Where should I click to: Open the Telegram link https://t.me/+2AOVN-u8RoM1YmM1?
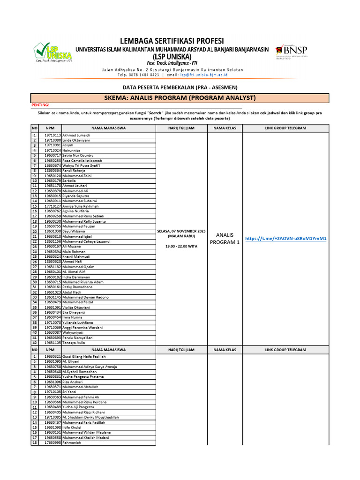point(285,239)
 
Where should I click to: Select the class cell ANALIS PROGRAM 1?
point(225,239)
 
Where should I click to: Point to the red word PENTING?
point(40,105)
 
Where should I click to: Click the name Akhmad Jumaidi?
point(76,135)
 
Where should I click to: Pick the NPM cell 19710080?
point(52,140)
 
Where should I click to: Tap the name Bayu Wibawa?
point(74,232)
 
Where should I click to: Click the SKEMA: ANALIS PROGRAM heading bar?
point(180,97)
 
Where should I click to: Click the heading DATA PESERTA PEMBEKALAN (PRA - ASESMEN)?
point(180,87)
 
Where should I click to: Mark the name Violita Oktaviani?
point(76,307)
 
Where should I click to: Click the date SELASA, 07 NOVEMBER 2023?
point(181,232)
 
